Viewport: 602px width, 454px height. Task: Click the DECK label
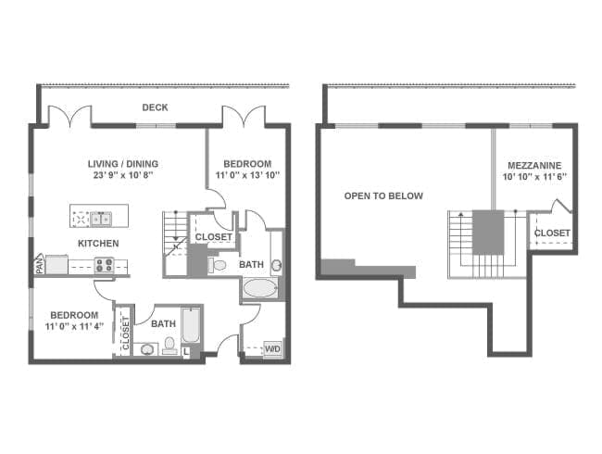pos(155,107)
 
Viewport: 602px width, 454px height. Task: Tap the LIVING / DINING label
pos(123,164)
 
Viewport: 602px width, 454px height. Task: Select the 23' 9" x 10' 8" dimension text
pos(123,175)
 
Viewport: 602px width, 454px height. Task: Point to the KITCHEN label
pos(98,243)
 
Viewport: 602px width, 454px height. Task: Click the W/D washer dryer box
pos(272,349)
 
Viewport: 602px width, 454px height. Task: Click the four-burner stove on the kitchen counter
pos(105,265)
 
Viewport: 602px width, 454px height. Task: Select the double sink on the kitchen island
pos(101,219)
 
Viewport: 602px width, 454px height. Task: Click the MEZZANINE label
pos(534,166)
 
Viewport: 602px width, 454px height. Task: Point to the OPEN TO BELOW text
pos(383,195)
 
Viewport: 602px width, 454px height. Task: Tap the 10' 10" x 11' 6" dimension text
pos(534,177)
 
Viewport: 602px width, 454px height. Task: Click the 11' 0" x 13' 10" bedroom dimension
pos(247,175)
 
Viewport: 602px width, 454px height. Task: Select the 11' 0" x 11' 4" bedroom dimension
pos(74,327)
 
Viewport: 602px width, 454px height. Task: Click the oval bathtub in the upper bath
pos(260,287)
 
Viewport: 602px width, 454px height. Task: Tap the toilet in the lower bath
pos(169,346)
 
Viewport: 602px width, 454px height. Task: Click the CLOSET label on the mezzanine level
pos(552,233)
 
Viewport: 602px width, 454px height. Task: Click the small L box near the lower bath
pos(186,351)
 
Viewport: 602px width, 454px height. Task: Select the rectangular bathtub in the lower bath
pos(191,324)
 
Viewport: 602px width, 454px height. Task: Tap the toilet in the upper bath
pos(218,265)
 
